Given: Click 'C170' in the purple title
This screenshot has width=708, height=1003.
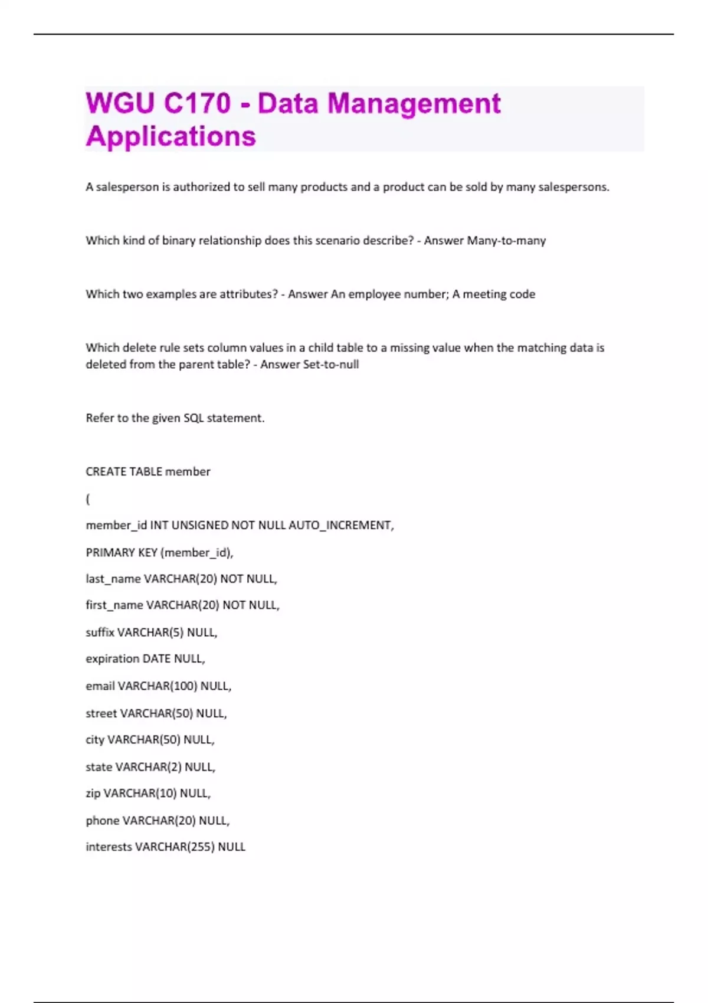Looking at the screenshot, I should (197, 103).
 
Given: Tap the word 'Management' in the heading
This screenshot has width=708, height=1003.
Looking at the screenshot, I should (414, 103).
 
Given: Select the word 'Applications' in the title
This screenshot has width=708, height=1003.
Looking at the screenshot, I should (171, 136).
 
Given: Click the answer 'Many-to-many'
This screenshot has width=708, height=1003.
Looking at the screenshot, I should (506, 241).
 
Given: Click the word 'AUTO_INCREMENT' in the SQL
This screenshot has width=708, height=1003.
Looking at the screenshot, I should (340, 525).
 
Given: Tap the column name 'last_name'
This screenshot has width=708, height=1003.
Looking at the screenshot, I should (113, 579).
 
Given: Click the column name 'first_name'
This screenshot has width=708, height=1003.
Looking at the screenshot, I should (114, 605).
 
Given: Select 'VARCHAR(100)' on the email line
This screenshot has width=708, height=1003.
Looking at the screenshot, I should (158, 686).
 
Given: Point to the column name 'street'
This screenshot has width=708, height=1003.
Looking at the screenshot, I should (101, 713).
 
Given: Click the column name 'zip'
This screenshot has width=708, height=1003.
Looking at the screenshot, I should (93, 794).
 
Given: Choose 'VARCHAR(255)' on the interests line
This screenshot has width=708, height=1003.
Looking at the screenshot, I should (175, 847).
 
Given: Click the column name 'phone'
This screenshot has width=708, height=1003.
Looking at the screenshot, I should (103, 821).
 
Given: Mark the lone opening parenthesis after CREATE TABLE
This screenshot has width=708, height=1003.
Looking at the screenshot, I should (88, 499).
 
